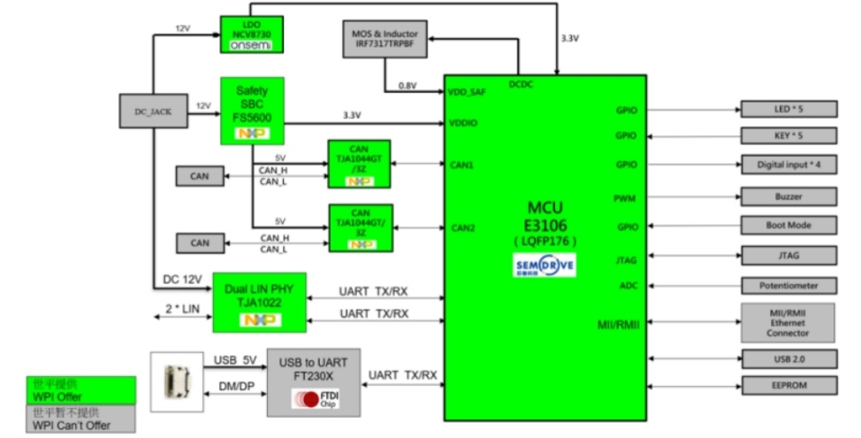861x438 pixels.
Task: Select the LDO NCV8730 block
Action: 251,35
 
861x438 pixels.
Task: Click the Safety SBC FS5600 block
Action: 251,110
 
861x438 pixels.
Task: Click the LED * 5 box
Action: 787,110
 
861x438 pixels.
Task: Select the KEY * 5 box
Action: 787,137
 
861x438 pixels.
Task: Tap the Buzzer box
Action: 787,196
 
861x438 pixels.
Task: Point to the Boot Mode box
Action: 787,226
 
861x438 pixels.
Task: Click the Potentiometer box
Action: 787,286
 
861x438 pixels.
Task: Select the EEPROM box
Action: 787,385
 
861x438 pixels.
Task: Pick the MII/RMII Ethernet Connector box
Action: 787,323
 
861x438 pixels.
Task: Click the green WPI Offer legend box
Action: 80,389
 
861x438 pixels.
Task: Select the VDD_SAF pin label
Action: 467,92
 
